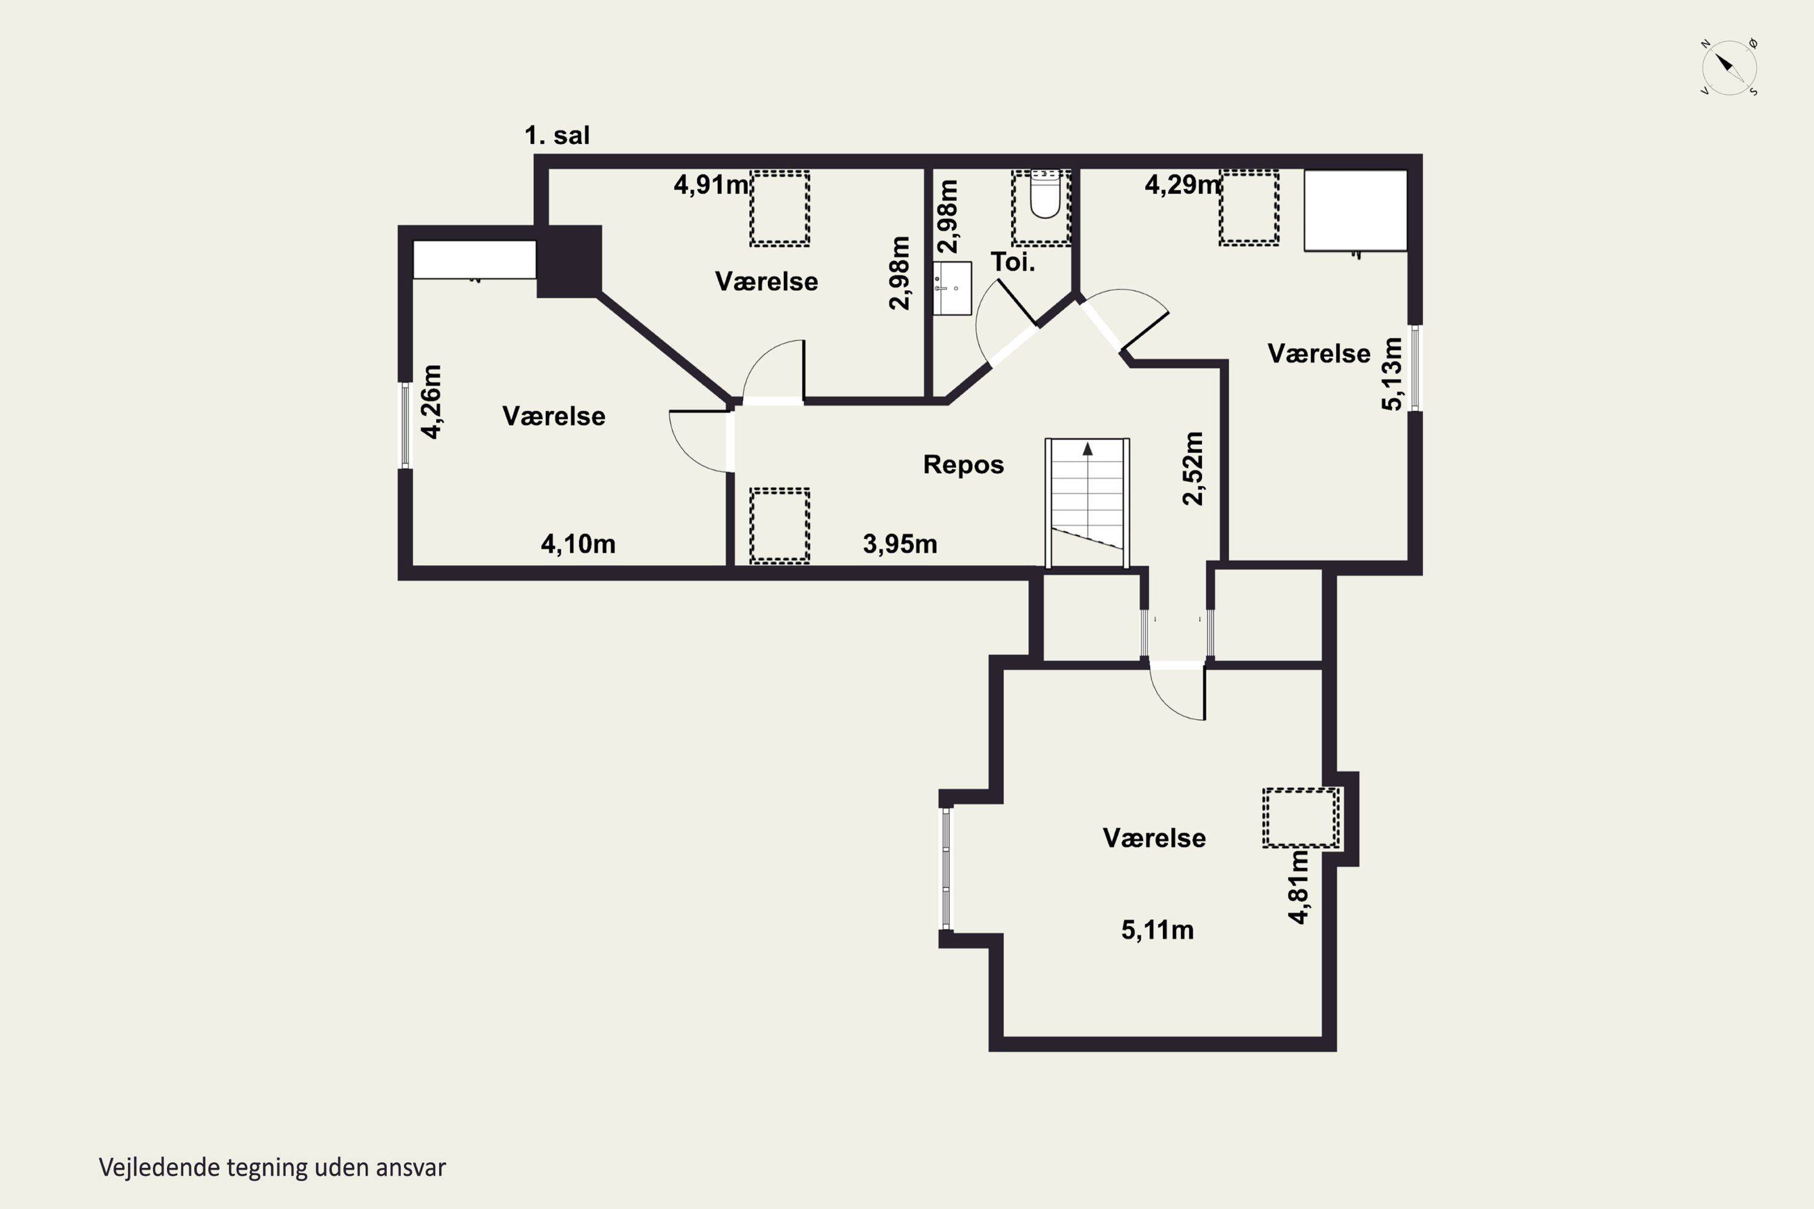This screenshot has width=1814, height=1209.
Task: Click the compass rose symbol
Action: (1729, 67)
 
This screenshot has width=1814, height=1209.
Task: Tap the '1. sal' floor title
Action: (557, 135)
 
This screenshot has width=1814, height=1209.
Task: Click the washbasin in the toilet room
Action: (952, 288)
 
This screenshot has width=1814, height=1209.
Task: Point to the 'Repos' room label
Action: (963, 464)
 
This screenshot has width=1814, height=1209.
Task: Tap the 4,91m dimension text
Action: (711, 184)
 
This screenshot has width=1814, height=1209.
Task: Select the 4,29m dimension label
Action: (1182, 184)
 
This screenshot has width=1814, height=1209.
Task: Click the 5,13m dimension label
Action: (1391, 374)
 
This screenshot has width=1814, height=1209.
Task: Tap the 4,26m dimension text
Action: (431, 402)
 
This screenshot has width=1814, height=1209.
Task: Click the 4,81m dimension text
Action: (1299, 887)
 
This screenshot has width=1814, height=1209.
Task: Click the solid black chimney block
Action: (569, 261)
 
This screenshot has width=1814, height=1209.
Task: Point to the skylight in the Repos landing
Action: (780, 526)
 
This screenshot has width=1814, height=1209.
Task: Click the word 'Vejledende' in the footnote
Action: (160, 1168)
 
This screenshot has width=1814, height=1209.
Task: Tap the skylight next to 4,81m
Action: (1301, 817)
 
